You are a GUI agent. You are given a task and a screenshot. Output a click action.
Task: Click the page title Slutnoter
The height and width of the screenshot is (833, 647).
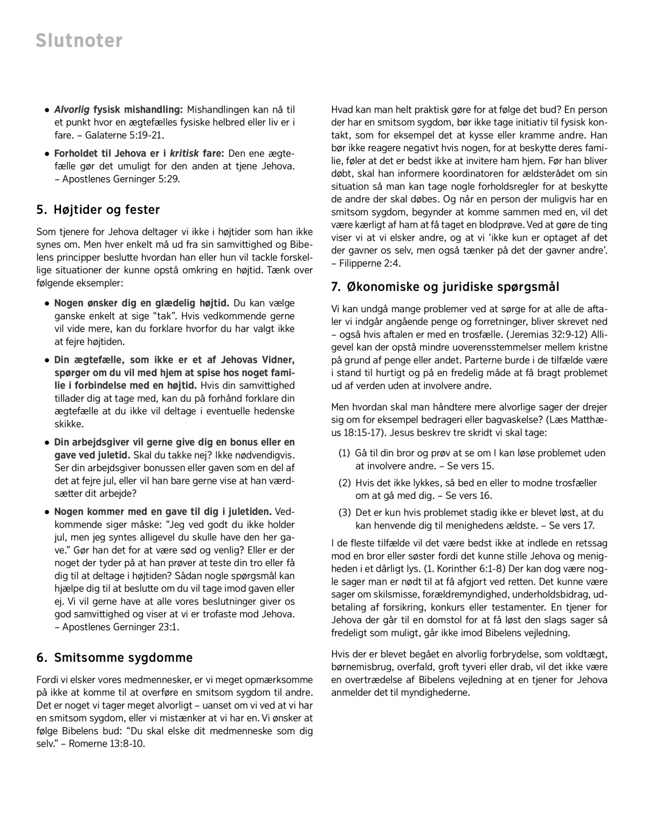(79, 40)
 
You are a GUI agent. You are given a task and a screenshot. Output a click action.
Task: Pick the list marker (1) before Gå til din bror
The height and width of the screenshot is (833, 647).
(345, 453)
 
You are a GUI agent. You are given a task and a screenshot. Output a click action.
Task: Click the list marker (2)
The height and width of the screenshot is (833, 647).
(345, 483)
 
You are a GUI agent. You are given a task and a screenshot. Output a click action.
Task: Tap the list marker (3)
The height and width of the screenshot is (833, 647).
(345, 513)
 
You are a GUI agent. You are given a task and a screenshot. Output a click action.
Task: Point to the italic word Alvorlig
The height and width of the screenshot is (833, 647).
(72, 110)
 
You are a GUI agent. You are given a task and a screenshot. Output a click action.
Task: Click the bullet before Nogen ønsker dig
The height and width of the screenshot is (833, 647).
(48, 303)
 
